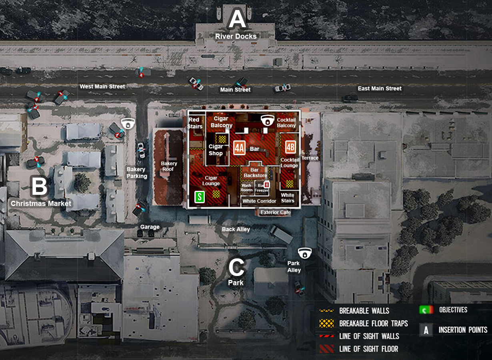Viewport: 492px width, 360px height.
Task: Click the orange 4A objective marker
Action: [239, 147]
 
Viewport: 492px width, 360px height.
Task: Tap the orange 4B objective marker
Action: [290, 147]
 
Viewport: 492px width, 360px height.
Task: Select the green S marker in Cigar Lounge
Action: [200, 197]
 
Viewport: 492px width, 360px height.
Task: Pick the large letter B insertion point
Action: [39, 186]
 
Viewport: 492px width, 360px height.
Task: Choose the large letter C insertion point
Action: [236, 268]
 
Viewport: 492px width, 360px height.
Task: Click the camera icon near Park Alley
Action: [305, 253]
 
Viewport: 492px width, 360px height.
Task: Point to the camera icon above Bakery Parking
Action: [128, 124]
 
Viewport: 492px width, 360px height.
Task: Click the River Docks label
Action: [236, 36]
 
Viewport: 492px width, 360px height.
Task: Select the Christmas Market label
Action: [41, 204]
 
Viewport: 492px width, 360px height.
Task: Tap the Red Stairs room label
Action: [194, 123]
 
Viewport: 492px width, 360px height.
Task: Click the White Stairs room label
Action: [288, 198]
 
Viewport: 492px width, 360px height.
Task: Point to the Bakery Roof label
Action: [169, 166]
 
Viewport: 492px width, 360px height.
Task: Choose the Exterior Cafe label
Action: [276, 212]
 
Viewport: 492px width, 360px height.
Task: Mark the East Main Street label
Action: [380, 88]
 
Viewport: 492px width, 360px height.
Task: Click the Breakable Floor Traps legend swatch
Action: [326, 323]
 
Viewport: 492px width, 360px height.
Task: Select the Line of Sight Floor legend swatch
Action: [326, 349]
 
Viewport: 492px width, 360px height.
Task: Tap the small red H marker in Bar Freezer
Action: [267, 185]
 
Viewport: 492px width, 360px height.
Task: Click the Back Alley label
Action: [236, 229]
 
